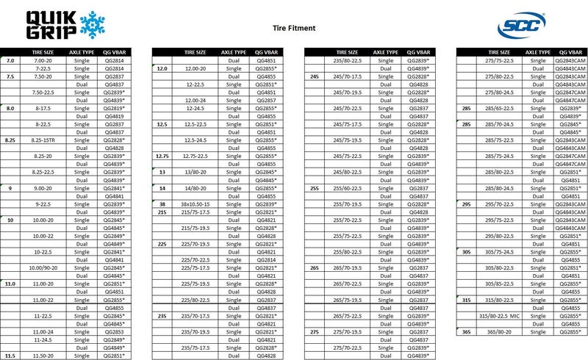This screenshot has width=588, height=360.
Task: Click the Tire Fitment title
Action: (294, 28)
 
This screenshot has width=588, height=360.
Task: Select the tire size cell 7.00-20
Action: (42, 60)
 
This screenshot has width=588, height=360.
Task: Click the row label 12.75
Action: (163, 156)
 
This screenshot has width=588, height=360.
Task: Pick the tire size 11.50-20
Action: (42, 356)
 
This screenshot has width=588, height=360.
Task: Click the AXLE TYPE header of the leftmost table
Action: (81, 52)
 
